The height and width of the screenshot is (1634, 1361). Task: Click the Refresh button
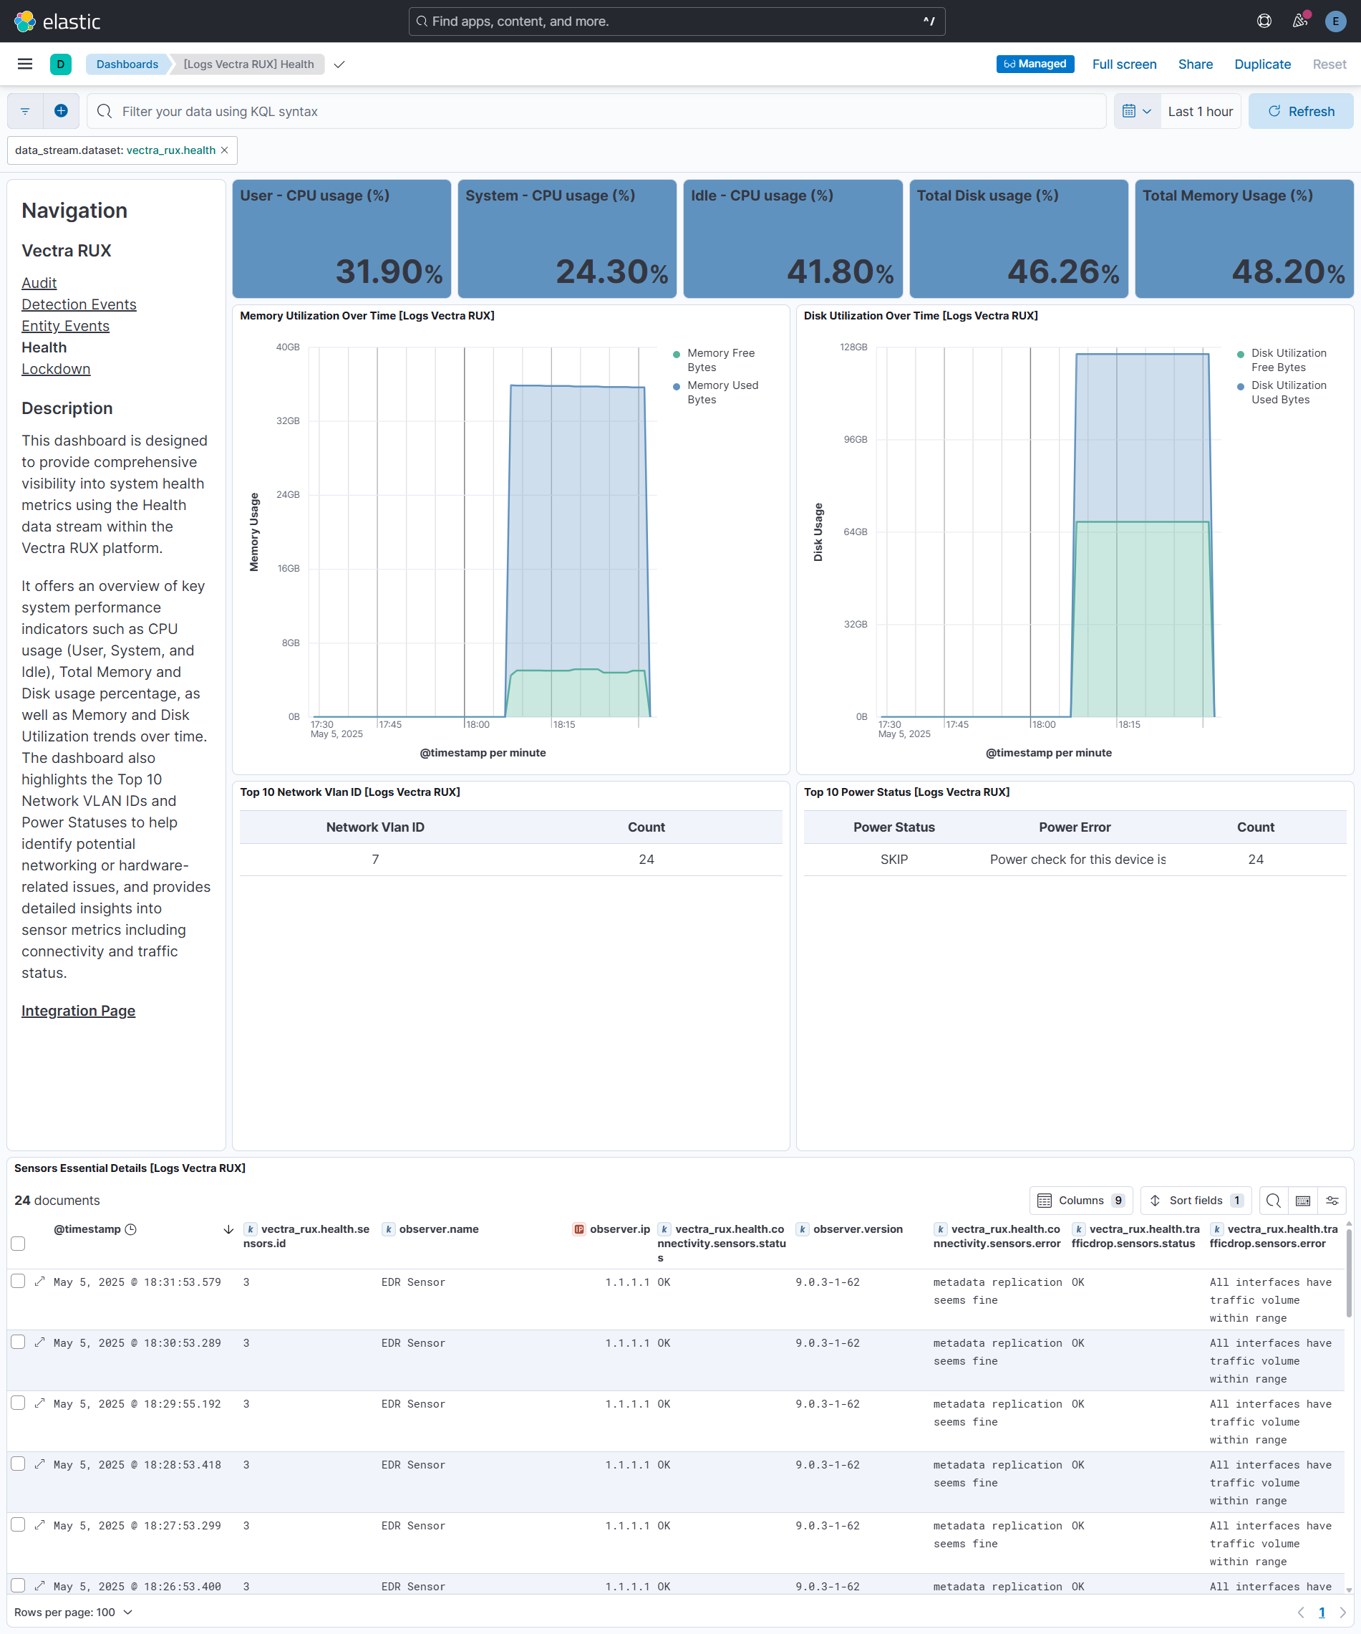[x=1300, y=111]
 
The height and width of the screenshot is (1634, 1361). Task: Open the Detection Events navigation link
[x=79, y=304]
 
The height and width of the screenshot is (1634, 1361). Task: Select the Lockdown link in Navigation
[x=56, y=369]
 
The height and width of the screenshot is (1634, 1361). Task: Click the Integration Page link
[x=78, y=1011]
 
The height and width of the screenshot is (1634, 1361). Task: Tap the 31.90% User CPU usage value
[x=388, y=271]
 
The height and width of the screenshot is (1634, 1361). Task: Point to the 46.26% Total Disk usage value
[x=1062, y=271]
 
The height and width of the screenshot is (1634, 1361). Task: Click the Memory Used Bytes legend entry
[x=722, y=392]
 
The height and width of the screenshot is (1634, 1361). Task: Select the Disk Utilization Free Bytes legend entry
[x=1288, y=360]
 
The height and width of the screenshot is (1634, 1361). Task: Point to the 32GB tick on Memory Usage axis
[x=288, y=421]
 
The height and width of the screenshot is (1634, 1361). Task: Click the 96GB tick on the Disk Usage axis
[x=856, y=440]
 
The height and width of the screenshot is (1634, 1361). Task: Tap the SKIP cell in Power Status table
[x=893, y=859]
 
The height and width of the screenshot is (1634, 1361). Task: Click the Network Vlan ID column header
[x=375, y=827]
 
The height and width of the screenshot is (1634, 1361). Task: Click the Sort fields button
[x=1196, y=1201]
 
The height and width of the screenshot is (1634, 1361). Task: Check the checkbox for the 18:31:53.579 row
[x=18, y=1281]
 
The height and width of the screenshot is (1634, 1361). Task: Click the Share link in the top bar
[x=1195, y=64]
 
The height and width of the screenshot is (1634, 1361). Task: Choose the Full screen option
[x=1124, y=64]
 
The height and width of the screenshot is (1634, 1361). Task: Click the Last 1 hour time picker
[x=1200, y=111]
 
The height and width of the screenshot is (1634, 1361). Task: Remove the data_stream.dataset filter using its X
[x=225, y=150]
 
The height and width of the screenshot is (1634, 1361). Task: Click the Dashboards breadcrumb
[x=127, y=64]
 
